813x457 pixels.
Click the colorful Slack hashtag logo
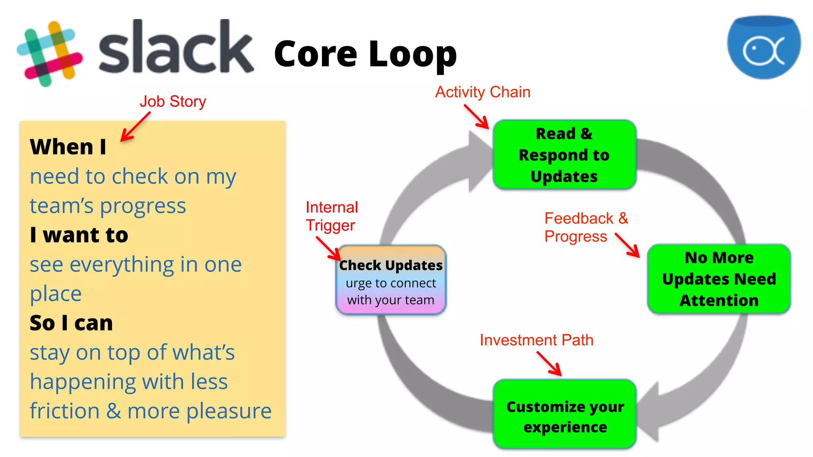50,54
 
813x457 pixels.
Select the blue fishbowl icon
764,47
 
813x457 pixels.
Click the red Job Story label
173,102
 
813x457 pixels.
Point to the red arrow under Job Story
135,127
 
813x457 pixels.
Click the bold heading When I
68,147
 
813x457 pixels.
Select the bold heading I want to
79,235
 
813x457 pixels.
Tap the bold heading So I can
71,323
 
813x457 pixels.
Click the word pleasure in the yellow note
229,411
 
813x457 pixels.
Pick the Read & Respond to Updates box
564,155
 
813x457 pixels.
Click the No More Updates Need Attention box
719,279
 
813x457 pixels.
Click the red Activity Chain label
483,92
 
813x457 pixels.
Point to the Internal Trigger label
331,216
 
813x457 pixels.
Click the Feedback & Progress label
586,227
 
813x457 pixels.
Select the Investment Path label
536,340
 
